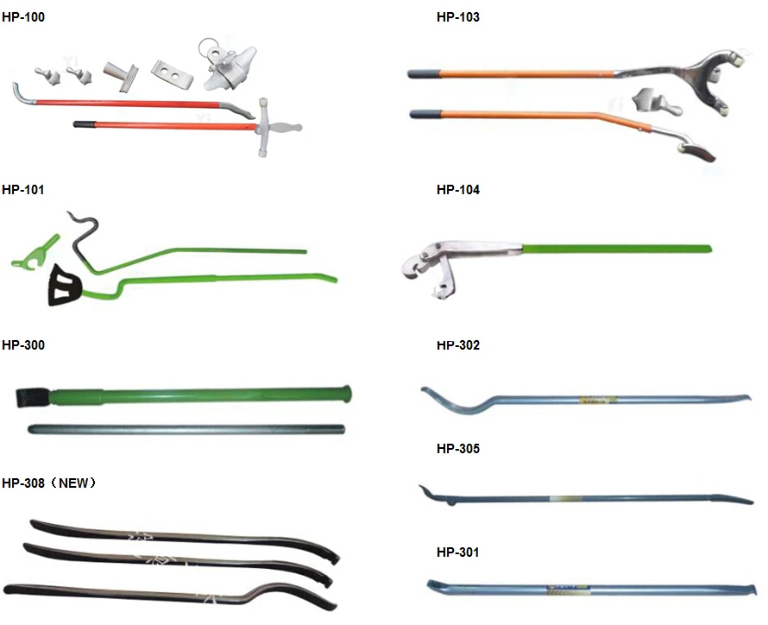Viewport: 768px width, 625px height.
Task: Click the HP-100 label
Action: click(22, 17)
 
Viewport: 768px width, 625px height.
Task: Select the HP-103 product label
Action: click(458, 17)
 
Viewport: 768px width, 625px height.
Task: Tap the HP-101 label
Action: click(22, 190)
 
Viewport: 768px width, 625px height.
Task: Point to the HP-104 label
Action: click(458, 190)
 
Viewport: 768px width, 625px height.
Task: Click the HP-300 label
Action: click(22, 345)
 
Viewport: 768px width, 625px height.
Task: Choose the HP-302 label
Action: click(458, 345)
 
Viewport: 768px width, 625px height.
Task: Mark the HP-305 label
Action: click(458, 449)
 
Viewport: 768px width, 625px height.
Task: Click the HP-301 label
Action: click(458, 552)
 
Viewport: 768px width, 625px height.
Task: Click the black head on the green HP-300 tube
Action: click(32, 398)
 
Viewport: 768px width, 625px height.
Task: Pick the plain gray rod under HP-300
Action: click(186, 429)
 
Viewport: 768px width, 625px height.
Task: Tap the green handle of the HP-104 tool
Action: click(617, 249)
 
